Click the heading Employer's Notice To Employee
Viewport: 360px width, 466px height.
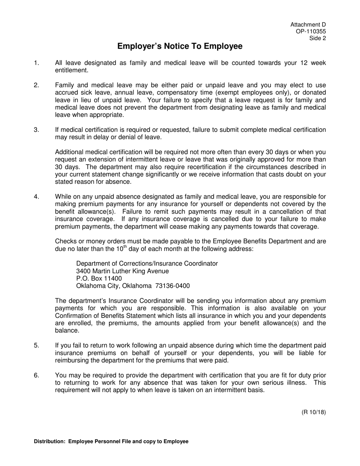click(x=180, y=46)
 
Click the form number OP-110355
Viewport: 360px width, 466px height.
click(x=311, y=31)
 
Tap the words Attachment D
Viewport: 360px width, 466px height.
click(x=308, y=25)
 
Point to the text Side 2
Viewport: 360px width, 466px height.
click(x=318, y=38)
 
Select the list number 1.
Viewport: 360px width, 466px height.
click(x=36, y=63)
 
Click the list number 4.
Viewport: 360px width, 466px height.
click(x=36, y=197)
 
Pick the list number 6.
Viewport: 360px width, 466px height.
click(x=36, y=375)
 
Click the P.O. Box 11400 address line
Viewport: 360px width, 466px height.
click(x=99, y=278)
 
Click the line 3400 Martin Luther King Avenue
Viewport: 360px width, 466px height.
click(x=122, y=271)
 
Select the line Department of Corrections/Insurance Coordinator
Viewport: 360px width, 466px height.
click(x=147, y=264)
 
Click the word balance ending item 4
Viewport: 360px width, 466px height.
click(x=67, y=331)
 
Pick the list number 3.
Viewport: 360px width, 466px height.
click(x=36, y=130)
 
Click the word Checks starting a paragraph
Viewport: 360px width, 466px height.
click(x=65, y=241)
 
